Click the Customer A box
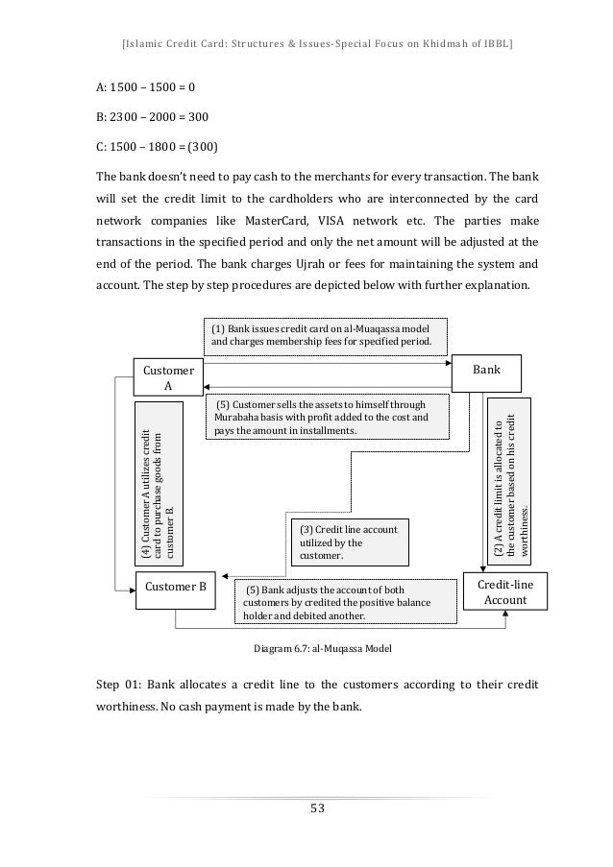pyautogui.click(x=167, y=377)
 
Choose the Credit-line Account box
pyautogui.click(x=498, y=591)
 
